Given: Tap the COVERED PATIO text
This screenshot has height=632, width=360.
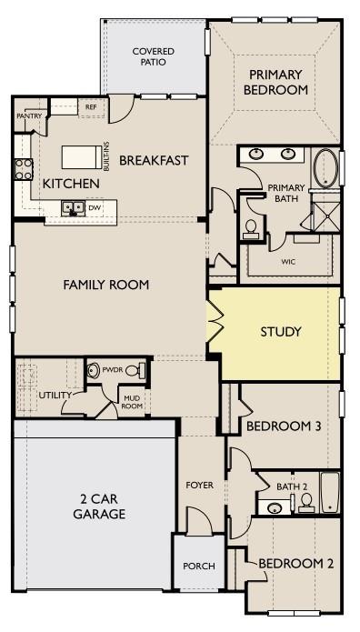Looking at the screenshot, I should point(153,57).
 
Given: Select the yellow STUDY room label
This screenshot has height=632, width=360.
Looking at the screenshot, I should point(280,332).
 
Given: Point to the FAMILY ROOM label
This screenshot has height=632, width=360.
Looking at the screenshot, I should point(105,285).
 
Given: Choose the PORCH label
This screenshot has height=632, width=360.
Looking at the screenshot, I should point(199,566).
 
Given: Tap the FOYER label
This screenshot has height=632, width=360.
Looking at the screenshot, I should point(200,486).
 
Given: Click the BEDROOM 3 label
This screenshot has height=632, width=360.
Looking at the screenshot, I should point(284,426).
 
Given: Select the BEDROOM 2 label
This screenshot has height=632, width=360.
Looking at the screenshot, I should point(295,564).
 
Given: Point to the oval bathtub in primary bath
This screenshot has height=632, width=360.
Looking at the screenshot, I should point(325,168).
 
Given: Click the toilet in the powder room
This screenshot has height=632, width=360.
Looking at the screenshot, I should point(133,371).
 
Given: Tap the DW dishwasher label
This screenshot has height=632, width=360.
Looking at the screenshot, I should point(94,207).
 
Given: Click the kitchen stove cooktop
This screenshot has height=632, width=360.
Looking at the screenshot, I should point(23,169).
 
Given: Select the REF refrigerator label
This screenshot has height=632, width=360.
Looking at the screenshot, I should point(91,107).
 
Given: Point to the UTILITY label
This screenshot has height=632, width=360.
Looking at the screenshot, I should point(55,396).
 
